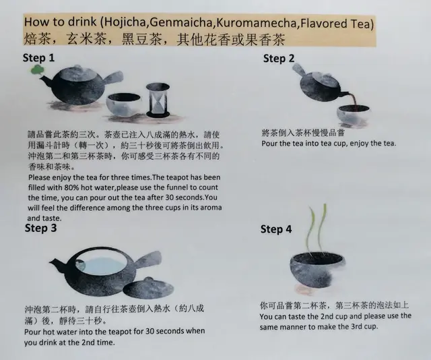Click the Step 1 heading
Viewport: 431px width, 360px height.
tap(38, 58)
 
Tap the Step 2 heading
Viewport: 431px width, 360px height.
tap(279, 59)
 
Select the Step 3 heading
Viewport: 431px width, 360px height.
tap(40, 228)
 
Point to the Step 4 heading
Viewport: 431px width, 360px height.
tap(276, 229)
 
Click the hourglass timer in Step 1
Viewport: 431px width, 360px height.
tap(158, 100)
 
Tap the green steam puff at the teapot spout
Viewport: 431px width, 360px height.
tap(36, 70)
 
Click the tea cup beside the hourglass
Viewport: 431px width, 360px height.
tap(124, 105)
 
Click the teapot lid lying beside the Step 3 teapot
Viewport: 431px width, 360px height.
tap(148, 288)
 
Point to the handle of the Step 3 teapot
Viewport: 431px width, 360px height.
tap(149, 260)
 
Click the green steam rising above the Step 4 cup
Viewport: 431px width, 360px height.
tap(317, 228)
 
